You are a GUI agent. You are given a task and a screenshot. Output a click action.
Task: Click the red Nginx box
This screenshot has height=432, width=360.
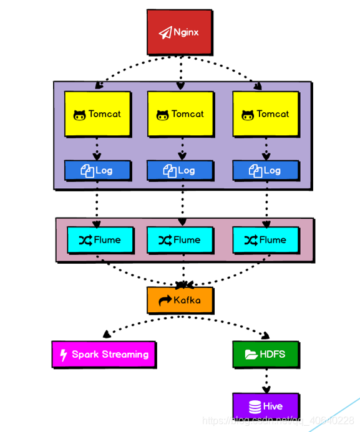click(180, 32)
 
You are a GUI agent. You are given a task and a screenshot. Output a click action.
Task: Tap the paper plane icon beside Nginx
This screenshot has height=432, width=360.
click(165, 33)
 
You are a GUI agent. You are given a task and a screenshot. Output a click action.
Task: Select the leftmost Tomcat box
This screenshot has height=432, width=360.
click(97, 114)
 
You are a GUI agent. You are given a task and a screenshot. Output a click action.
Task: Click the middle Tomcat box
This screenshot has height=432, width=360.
click(180, 114)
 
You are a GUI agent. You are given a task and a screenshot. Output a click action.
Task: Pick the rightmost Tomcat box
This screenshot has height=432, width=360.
click(266, 114)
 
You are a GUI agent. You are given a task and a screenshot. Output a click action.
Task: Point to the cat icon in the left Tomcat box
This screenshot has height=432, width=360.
click(79, 115)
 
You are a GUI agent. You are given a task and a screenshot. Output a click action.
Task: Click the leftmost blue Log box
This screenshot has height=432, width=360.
click(97, 170)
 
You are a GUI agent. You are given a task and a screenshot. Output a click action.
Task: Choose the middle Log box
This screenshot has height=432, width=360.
click(180, 170)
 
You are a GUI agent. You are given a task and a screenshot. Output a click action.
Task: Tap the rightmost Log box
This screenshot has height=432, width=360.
click(266, 170)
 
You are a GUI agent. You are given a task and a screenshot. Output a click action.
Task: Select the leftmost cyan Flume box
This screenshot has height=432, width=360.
click(100, 240)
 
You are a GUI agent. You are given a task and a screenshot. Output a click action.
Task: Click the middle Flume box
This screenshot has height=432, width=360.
click(180, 240)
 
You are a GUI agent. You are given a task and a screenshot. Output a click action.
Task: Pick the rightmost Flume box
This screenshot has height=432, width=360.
click(266, 240)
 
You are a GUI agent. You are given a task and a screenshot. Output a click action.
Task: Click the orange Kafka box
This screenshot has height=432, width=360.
click(180, 300)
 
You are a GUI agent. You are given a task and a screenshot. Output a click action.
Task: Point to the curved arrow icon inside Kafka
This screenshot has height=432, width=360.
click(165, 300)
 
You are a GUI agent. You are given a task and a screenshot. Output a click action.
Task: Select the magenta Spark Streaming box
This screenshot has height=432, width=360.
click(104, 354)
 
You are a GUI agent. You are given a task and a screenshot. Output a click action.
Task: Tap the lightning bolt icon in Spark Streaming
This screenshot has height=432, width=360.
click(64, 355)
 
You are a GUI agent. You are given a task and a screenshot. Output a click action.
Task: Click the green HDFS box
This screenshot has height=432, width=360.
click(266, 354)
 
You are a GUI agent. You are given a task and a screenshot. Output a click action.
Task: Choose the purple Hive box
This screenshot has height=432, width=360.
click(266, 406)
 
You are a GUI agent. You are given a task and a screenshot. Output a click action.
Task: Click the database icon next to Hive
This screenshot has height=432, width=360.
click(255, 406)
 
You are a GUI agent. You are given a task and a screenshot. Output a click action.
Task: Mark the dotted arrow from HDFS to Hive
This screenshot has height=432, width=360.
click(266, 380)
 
